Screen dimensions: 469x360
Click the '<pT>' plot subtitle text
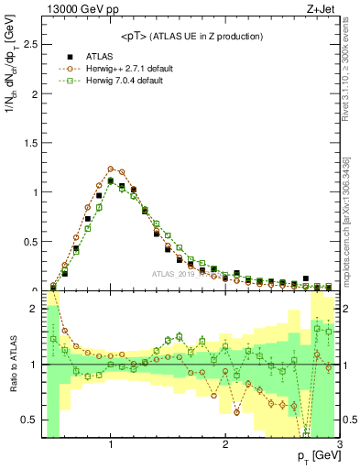(191, 36)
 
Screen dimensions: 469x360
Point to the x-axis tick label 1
(111, 444)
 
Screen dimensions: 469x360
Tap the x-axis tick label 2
(225, 444)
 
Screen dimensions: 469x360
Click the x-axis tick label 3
(339, 444)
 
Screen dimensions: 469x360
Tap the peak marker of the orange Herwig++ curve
(111, 169)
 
